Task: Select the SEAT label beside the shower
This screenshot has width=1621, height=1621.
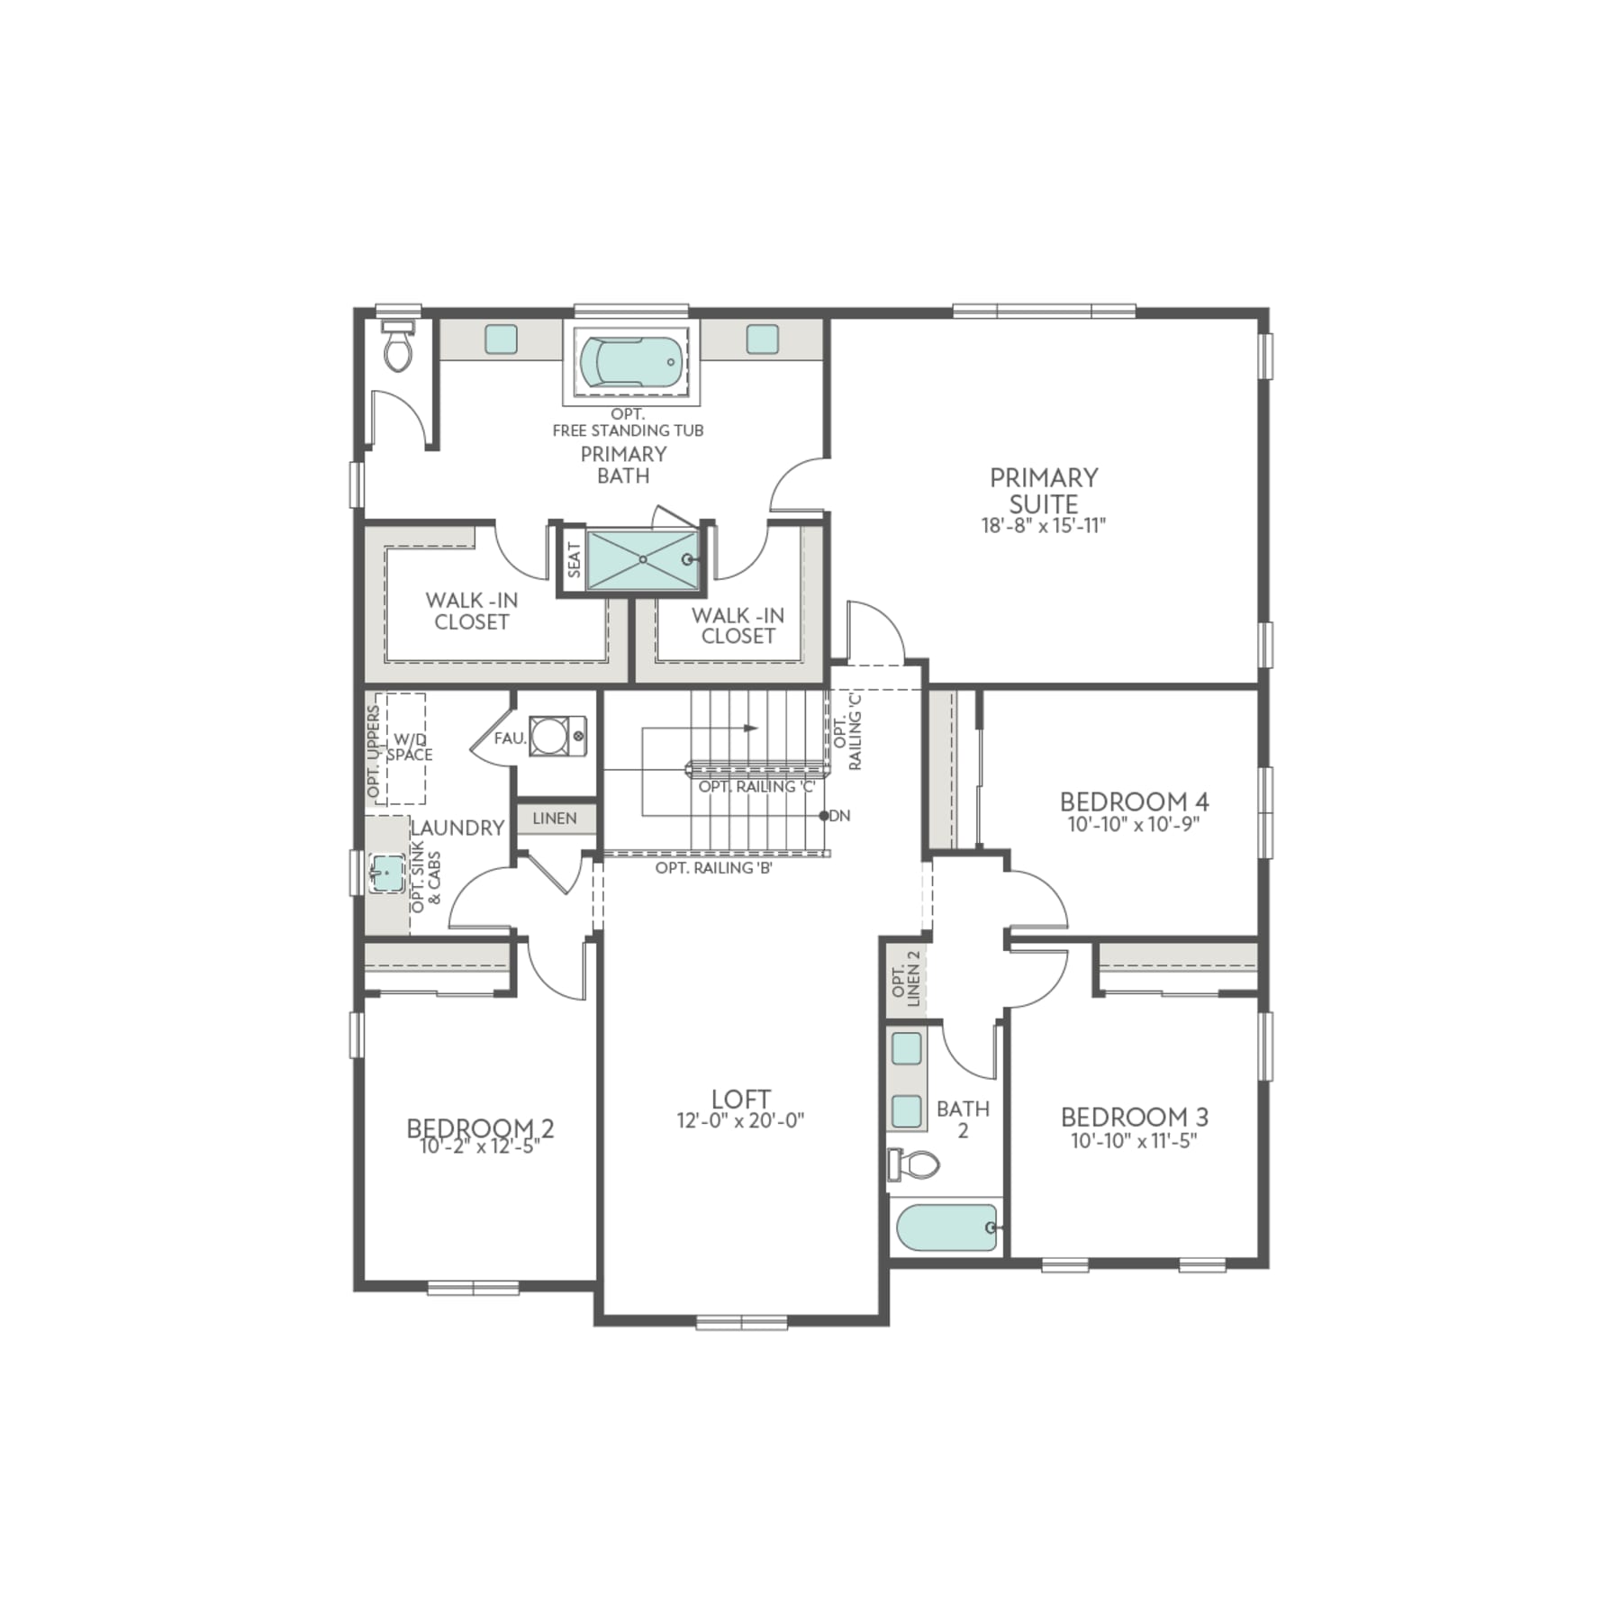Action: point(574,560)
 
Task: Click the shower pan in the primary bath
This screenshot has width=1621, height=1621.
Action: point(642,560)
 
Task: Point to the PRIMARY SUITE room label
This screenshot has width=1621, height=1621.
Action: point(1044,490)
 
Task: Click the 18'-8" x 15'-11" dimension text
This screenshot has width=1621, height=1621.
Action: point(1044,526)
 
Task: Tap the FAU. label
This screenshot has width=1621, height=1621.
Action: point(510,738)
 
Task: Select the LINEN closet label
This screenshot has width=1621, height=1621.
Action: point(555,819)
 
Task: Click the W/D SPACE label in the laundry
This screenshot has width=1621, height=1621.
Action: point(410,747)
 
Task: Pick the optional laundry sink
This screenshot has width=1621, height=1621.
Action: point(387,873)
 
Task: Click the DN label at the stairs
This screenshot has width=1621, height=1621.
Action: point(839,816)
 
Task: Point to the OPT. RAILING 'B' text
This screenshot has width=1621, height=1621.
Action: point(714,868)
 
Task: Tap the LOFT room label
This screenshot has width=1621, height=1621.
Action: point(740,1099)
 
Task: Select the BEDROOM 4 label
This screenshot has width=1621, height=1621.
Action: point(1134,801)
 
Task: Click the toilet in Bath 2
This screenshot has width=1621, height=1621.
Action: point(916,1165)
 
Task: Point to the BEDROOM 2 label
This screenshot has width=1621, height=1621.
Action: point(480,1127)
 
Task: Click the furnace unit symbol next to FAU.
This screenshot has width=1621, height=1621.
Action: point(548,737)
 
